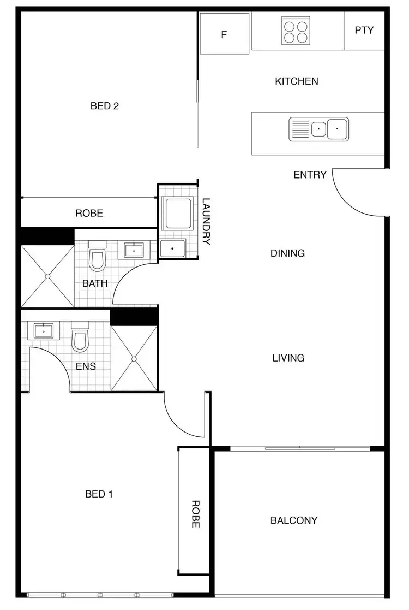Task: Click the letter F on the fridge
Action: (x=224, y=35)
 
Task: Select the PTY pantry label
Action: (x=364, y=31)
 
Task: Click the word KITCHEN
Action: (x=296, y=81)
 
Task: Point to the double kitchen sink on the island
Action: (x=318, y=129)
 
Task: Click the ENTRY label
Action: (x=310, y=175)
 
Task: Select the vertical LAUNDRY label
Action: (x=206, y=221)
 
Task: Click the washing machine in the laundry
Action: (x=178, y=214)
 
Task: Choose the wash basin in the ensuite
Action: (x=43, y=331)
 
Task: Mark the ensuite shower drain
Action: (x=134, y=359)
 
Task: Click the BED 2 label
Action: (x=105, y=106)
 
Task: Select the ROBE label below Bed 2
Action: (x=89, y=214)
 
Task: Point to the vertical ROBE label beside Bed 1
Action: (x=194, y=513)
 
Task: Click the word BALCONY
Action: (x=294, y=520)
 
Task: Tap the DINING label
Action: (x=287, y=253)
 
